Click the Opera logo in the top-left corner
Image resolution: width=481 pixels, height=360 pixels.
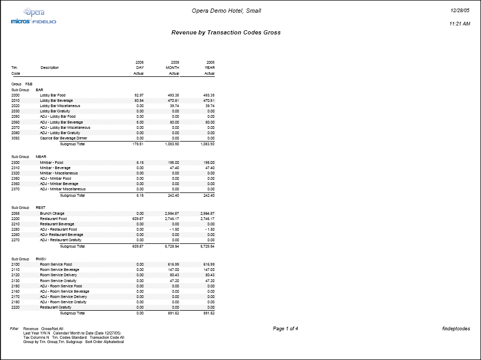pos(34,12)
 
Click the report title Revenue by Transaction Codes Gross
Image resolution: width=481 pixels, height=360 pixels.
pos(226,32)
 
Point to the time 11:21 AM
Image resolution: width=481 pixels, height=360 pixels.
pos(459,24)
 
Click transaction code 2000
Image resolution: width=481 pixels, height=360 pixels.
pos(15,95)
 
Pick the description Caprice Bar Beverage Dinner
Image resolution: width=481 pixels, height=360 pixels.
pos(63,138)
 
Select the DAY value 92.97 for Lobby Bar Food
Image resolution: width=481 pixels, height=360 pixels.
pos(139,95)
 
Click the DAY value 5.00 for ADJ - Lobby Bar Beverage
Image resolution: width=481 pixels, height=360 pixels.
pos(140,122)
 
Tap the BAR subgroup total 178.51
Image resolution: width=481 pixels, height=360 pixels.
pos(138,144)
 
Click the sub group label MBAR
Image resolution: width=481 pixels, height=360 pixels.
pos(41,157)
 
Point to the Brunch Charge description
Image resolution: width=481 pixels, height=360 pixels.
pos(52,213)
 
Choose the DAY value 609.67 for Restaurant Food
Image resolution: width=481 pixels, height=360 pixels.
pos(138,218)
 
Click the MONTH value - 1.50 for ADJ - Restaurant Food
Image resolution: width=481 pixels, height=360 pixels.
pos(173,229)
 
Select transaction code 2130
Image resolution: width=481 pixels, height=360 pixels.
pos(15,280)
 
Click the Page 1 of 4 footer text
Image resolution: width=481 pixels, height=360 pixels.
pos(285,329)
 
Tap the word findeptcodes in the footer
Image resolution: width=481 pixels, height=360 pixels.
pos(456,329)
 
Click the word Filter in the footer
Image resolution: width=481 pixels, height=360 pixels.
pos(14,329)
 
